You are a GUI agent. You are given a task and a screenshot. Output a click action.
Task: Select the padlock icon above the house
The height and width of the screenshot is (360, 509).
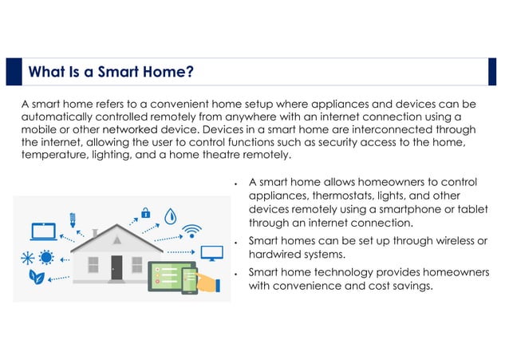click(x=145, y=212)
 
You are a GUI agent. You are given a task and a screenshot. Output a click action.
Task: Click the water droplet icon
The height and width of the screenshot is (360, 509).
click(x=170, y=216)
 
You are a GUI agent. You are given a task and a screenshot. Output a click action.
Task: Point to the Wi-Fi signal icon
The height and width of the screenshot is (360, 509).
click(x=191, y=231)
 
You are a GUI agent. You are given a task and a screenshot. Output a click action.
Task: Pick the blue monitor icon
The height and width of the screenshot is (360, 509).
click(x=211, y=254)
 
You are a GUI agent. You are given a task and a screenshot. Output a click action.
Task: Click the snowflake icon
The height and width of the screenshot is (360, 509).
click(x=28, y=257)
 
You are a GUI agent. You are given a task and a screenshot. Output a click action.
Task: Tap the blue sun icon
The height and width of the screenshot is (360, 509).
click(x=46, y=257)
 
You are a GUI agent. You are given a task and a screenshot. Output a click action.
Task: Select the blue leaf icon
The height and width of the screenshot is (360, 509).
click(x=37, y=278)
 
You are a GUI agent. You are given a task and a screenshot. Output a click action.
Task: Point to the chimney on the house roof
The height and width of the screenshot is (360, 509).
click(x=96, y=233)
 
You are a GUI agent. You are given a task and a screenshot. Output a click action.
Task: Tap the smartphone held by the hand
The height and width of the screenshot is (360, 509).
click(x=191, y=279)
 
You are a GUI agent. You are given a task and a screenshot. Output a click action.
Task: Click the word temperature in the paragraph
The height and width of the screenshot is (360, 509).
click(x=54, y=155)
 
